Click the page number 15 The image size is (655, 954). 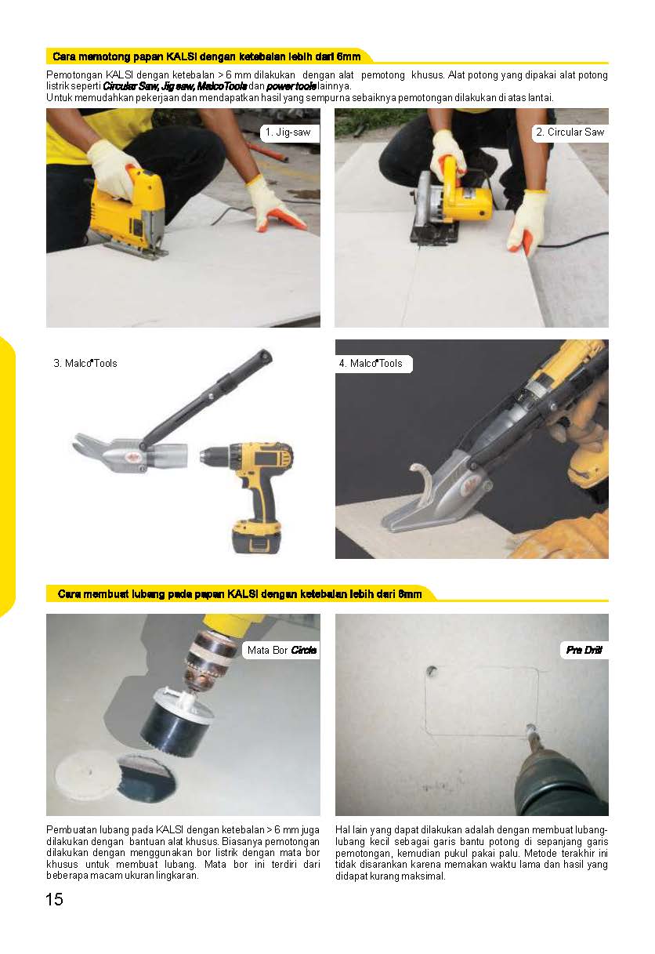pos(54,899)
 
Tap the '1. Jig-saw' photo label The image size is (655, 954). pos(288,132)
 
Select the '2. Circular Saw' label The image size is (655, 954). pos(570,132)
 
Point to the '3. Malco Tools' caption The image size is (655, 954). pos(85,363)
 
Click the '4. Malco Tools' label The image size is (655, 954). pos(371,363)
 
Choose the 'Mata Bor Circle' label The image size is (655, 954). pos(282,650)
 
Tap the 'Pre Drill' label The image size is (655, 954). pos(584,650)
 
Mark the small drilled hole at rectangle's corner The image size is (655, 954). pos(432,671)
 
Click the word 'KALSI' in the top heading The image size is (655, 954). pos(181,56)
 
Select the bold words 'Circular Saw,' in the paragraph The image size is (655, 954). pos(131,86)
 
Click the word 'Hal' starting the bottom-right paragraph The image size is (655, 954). pos(342,830)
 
